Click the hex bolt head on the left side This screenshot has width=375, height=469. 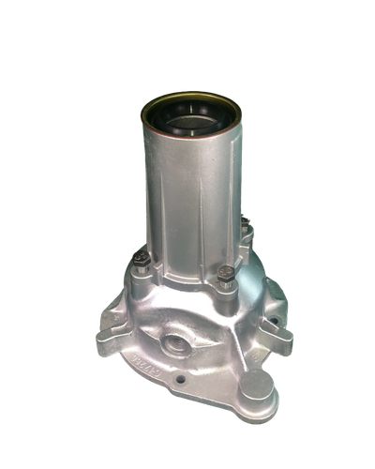click(x=142, y=265)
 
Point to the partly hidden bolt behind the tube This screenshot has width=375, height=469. click(x=245, y=225)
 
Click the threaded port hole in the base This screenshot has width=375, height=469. click(x=174, y=341)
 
